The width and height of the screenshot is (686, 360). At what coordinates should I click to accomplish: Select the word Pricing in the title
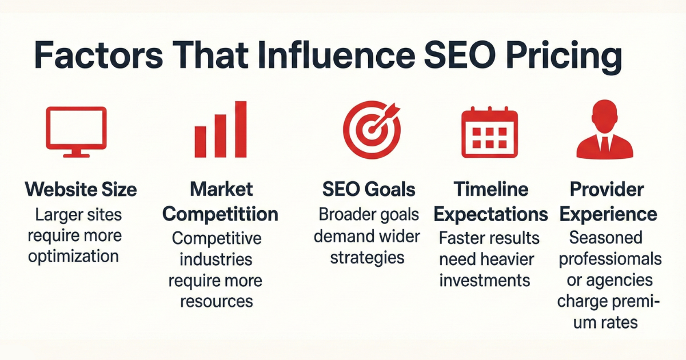[x=564, y=59]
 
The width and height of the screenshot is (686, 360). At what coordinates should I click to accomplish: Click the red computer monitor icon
[x=76, y=132]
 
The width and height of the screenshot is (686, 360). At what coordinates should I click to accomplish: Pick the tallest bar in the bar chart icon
[x=241, y=129]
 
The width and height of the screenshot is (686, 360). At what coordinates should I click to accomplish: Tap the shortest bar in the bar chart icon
[x=200, y=142]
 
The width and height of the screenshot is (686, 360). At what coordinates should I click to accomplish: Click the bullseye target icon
[x=372, y=130]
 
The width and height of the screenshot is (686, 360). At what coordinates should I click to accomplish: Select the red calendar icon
[x=489, y=132]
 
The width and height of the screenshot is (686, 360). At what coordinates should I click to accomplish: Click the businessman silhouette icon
[x=605, y=129]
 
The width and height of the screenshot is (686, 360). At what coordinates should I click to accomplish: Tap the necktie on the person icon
[x=605, y=145]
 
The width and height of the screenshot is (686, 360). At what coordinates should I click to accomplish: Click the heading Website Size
[x=81, y=189]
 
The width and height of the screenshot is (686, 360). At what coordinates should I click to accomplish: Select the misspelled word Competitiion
[x=220, y=214]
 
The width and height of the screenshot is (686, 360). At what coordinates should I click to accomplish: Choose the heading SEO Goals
[x=369, y=189]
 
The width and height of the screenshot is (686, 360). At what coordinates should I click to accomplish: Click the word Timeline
[x=490, y=189]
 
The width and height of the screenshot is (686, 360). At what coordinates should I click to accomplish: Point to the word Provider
[x=607, y=189]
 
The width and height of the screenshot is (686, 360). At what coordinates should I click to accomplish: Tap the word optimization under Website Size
[x=74, y=257]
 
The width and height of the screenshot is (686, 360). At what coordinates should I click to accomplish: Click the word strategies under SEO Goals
[x=367, y=258]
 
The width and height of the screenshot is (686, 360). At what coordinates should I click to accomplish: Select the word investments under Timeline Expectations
[x=485, y=280]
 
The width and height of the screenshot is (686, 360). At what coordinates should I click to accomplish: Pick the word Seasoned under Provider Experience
[x=606, y=238]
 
